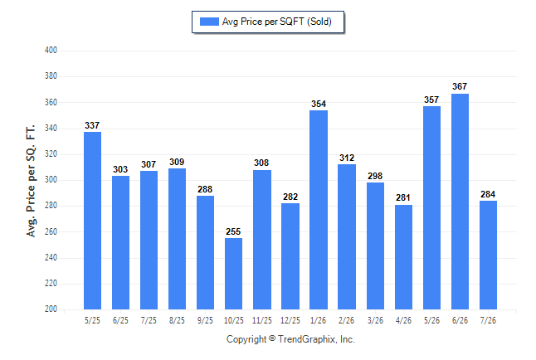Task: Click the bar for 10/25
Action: pyautogui.click(x=233, y=274)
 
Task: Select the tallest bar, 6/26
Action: pyautogui.click(x=460, y=202)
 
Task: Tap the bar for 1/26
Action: pyautogui.click(x=319, y=210)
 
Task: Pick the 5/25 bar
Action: pyautogui.click(x=92, y=221)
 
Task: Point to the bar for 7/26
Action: pyautogui.click(x=488, y=255)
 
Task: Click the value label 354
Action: pyautogui.click(x=319, y=104)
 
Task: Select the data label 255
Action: pyautogui.click(x=233, y=231)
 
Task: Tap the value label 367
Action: pyautogui.click(x=460, y=86)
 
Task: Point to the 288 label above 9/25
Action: pyautogui.click(x=205, y=189)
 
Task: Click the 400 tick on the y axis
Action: pyautogui.click(x=51, y=51)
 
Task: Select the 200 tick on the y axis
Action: pyautogui.click(x=51, y=309)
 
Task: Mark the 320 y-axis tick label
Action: pyautogui.click(x=51, y=153)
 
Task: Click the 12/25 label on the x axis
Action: pyautogui.click(x=290, y=321)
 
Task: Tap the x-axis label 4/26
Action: pyautogui.click(x=403, y=321)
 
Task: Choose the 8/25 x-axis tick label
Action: pyautogui.click(x=177, y=321)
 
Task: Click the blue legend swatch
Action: pyautogui.click(x=209, y=22)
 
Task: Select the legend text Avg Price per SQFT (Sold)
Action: pyautogui.click(x=277, y=22)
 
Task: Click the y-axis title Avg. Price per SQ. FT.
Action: pyautogui.click(x=31, y=181)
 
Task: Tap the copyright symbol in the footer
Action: pyautogui.click(x=272, y=338)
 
